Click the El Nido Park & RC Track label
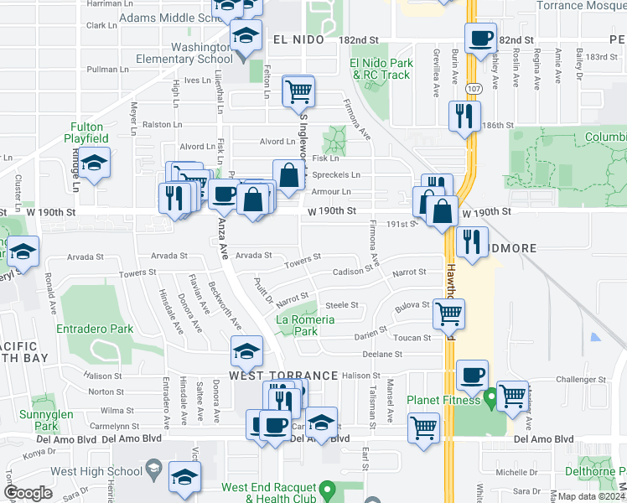pos(381,69)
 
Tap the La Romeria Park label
pos(307,325)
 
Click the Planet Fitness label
pos(441,400)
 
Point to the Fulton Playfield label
pos(87,132)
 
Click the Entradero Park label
pos(95,329)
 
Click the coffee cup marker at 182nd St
pos(480,39)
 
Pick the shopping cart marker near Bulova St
pos(449,314)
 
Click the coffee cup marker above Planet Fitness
pos(473,375)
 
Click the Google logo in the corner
pos(28,492)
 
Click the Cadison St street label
pos(352,272)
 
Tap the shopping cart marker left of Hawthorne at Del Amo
pos(424,428)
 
